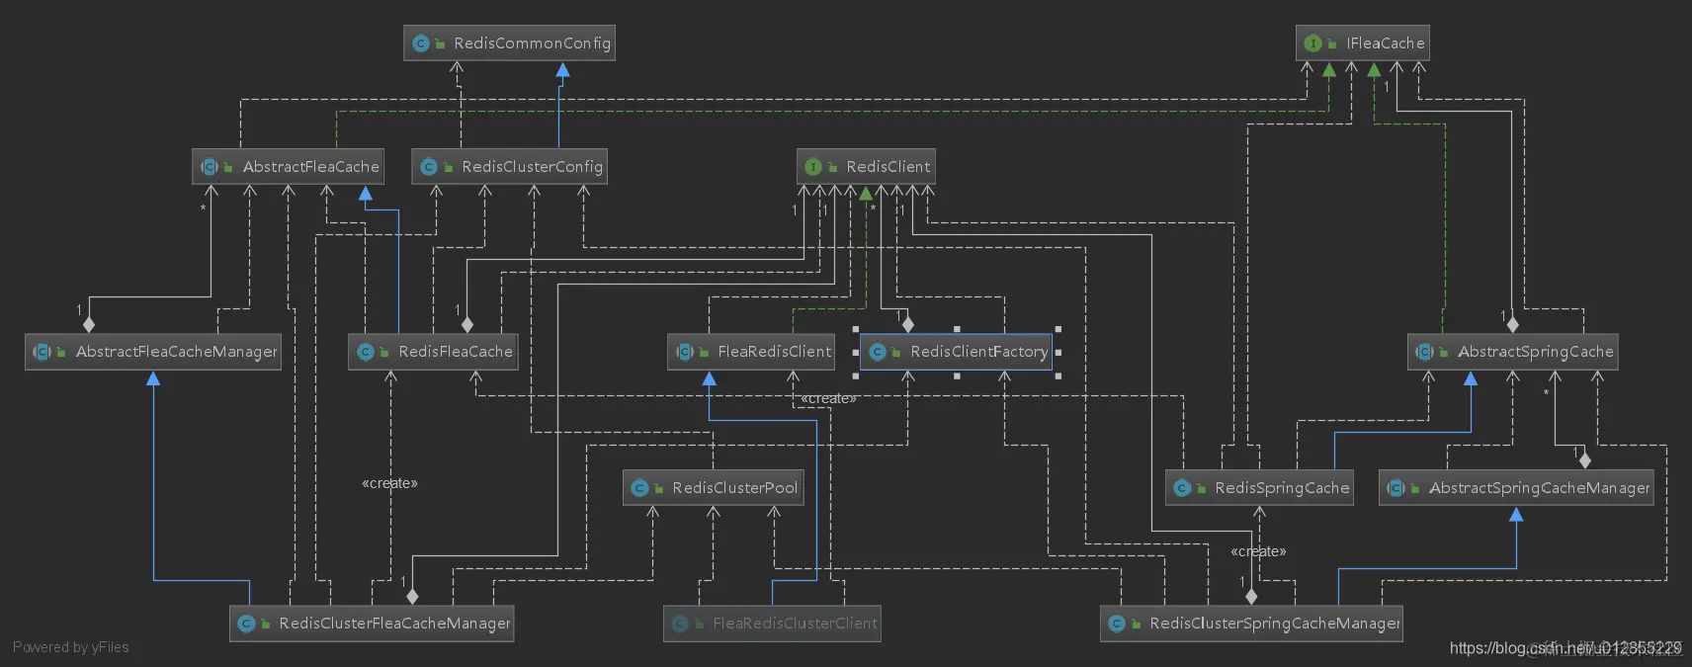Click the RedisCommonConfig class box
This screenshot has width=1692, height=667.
509,43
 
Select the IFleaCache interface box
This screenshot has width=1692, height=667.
1362,43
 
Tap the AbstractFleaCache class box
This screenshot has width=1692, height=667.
288,167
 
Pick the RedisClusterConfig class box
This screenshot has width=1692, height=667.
509,167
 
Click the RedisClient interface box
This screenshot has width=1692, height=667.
866,167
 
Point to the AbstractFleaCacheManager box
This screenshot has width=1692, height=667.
153,352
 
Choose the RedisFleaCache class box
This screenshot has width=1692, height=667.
433,352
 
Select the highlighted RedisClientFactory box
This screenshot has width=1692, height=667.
956,352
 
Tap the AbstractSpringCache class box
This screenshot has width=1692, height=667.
1512,352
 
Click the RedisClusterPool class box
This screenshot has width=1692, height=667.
713,488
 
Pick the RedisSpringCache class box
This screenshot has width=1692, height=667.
1259,488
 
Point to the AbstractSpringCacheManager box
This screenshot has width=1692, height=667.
1516,488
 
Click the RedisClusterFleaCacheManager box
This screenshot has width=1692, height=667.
372,624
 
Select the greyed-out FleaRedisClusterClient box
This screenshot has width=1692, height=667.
772,624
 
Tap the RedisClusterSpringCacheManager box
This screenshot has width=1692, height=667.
1251,624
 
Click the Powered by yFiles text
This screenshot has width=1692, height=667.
71,647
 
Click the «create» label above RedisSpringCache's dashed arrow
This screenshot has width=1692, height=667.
1258,551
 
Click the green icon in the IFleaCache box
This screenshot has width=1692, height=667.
1312,43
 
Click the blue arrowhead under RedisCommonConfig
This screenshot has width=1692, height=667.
562,70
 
